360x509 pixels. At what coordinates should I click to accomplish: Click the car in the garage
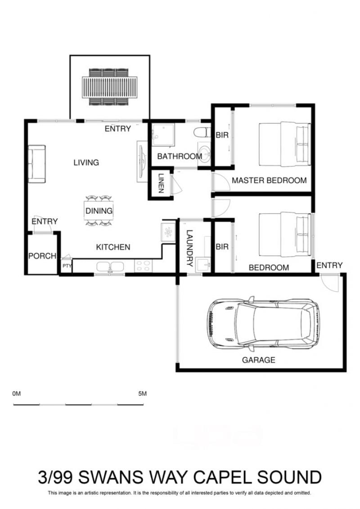[x=263, y=324]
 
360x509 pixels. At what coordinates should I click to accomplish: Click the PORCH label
[x=42, y=256]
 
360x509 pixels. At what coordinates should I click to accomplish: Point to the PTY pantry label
[x=67, y=266]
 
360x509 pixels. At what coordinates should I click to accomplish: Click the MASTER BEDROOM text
[x=269, y=180]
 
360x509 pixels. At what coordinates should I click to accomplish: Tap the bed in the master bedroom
[x=285, y=144]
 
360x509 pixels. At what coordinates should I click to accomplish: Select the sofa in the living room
[x=37, y=164]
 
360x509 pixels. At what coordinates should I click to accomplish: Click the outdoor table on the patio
[x=110, y=87]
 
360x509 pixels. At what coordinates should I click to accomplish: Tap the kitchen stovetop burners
[x=143, y=266]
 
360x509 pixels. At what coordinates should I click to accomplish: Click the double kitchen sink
[x=110, y=267]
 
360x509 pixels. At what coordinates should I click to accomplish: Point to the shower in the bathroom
[x=162, y=135]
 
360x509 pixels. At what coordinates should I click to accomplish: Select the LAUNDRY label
[x=190, y=248]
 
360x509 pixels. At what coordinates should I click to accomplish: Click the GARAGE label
[x=259, y=360]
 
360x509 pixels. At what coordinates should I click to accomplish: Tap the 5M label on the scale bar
[x=143, y=394]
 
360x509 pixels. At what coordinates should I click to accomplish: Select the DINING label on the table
[x=99, y=211]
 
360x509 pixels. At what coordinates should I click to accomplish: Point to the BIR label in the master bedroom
[x=222, y=135]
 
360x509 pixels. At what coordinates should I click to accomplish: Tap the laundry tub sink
[x=203, y=265]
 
